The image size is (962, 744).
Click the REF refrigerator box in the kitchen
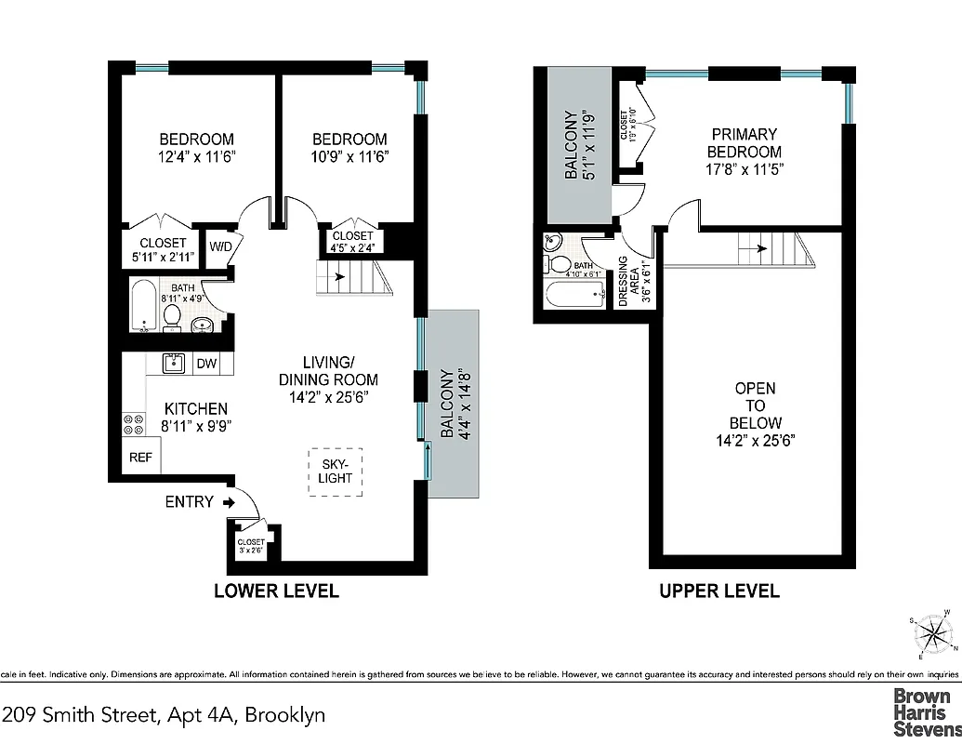[139, 457]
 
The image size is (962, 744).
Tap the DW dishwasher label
[206, 365]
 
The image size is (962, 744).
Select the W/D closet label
[220, 247]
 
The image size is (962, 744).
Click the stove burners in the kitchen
[133, 424]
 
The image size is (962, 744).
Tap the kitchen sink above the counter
[172, 363]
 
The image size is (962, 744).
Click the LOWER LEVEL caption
[276, 591]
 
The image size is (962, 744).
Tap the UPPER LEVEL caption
[719, 591]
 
